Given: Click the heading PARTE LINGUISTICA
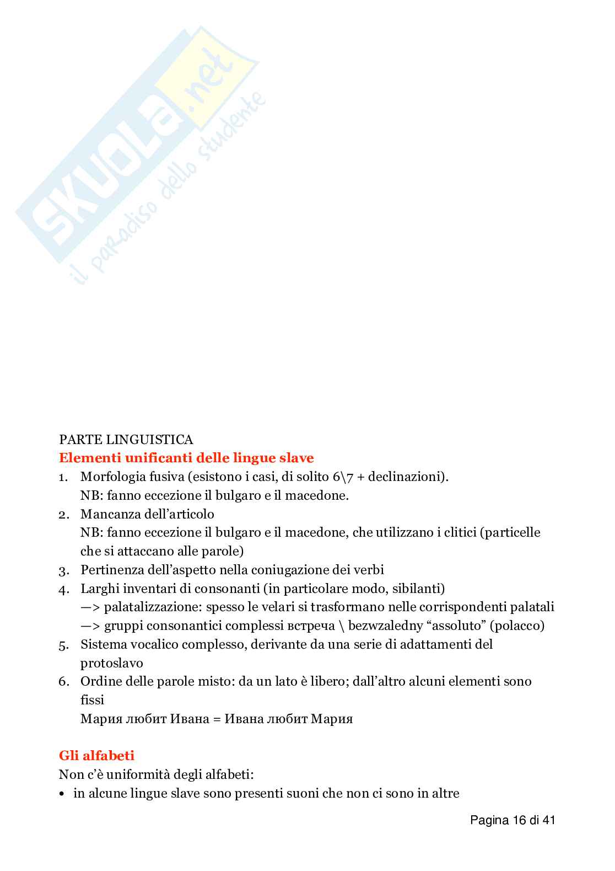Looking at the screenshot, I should pyautogui.click(x=126, y=440).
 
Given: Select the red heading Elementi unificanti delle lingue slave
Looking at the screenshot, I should pyautogui.click(x=186, y=458).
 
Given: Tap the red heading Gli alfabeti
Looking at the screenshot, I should pyautogui.click(x=96, y=755).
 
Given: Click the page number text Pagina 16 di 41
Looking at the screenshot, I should pyautogui.click(x=512, y=820).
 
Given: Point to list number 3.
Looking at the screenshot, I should pyautogui.click(x=63, y=570).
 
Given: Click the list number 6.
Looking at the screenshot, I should pyautogui.click(x=63, y=682).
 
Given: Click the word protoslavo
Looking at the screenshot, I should pyautogui.click(x=112, y=663).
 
